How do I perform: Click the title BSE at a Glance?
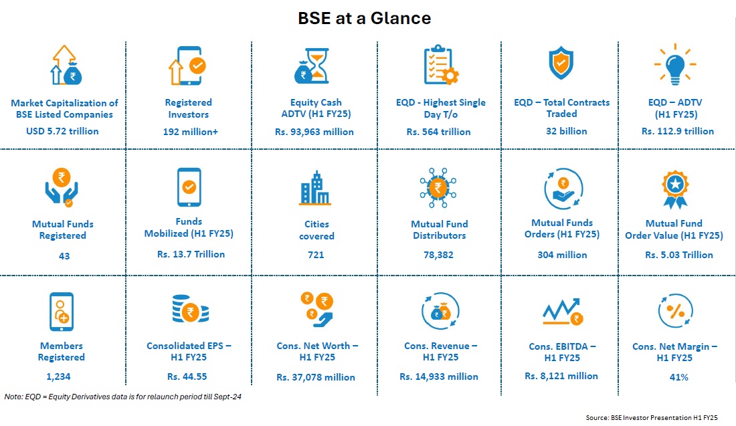[364, 18]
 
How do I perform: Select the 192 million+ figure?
[189, 132]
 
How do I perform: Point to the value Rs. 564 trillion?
[438, 132]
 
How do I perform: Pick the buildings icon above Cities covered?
[314, 188]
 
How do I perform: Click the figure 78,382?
[438, 255]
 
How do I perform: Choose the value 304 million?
[562, 255]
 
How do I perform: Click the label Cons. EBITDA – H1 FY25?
[562, 352]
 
